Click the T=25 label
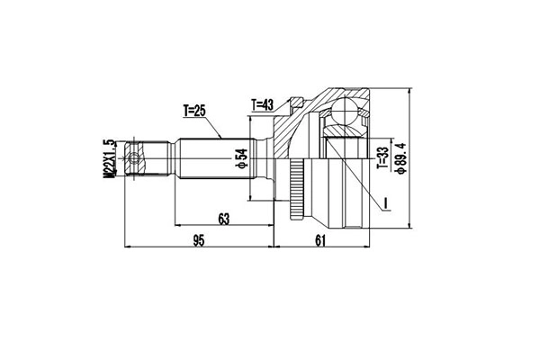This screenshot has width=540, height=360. (x=194, y=112)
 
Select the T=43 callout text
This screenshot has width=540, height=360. (x=264, y=103)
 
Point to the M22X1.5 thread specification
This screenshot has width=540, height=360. (x=110, y=162)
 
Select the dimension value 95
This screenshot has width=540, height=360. (x=199, y=239)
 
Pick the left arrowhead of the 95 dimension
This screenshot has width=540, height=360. (x=125, y=247)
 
